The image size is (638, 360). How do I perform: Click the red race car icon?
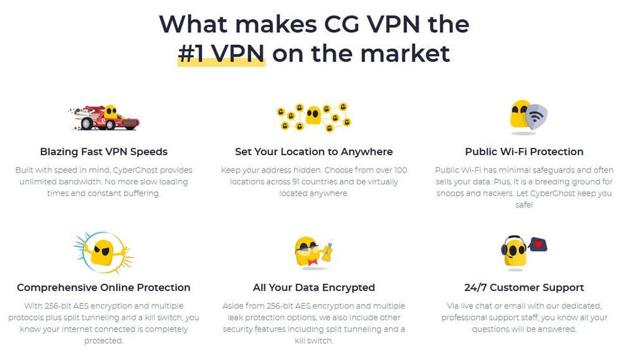104,117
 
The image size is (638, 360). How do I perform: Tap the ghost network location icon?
314,116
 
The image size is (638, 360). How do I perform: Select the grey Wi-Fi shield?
536,116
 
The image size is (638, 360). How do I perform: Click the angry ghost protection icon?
103,253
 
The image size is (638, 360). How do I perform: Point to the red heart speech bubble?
538,245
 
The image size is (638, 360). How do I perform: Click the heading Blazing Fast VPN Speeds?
104,152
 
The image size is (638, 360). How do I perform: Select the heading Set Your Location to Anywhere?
314,152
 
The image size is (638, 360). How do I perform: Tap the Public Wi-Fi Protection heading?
524,152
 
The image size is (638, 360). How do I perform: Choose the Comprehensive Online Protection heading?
104,288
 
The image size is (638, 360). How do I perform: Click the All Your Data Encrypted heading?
314,288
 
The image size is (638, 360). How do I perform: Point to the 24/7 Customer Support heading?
524,288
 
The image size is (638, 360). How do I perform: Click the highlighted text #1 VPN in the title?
221,54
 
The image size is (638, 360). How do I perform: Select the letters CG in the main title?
342,24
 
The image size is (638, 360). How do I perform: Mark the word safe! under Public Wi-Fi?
524,205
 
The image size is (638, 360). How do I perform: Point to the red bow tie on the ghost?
313,262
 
